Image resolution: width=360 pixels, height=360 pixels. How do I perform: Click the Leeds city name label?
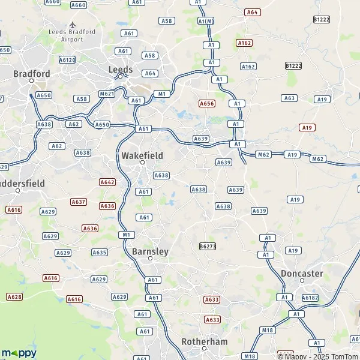click(120, 69)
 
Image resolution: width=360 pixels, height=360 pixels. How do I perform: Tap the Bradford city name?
click(32, 74)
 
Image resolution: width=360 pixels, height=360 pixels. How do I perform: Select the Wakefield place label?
click(142, 155)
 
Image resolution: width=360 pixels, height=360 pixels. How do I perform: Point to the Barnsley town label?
click(150, 251)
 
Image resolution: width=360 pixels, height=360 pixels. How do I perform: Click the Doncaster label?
click(302, 273)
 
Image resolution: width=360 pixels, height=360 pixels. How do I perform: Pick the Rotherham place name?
click(205, 341)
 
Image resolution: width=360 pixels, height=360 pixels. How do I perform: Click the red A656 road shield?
click(207, 103)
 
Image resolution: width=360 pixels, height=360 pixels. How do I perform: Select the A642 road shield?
click(107, 182)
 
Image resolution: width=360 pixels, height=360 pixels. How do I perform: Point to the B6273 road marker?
click(207, 246)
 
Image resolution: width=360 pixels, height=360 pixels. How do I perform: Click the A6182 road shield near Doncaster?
click(310, 297)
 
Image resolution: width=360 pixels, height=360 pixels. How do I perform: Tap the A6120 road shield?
click(67, 60)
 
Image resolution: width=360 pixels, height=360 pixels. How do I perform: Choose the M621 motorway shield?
click(107, 94)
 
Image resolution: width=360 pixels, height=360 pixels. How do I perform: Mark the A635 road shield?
click(99, 252)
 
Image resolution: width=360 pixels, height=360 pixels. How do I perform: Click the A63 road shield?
click(289, 98)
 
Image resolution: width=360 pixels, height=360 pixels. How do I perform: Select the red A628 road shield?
click(14, 296)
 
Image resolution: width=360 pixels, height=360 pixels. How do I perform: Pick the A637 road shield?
click(79, 202)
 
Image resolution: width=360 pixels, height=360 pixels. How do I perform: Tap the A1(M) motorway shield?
click(206, 22)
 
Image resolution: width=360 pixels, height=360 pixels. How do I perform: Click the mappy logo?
click(19, 353)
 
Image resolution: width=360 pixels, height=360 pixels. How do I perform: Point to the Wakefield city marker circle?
click(143, 163)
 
